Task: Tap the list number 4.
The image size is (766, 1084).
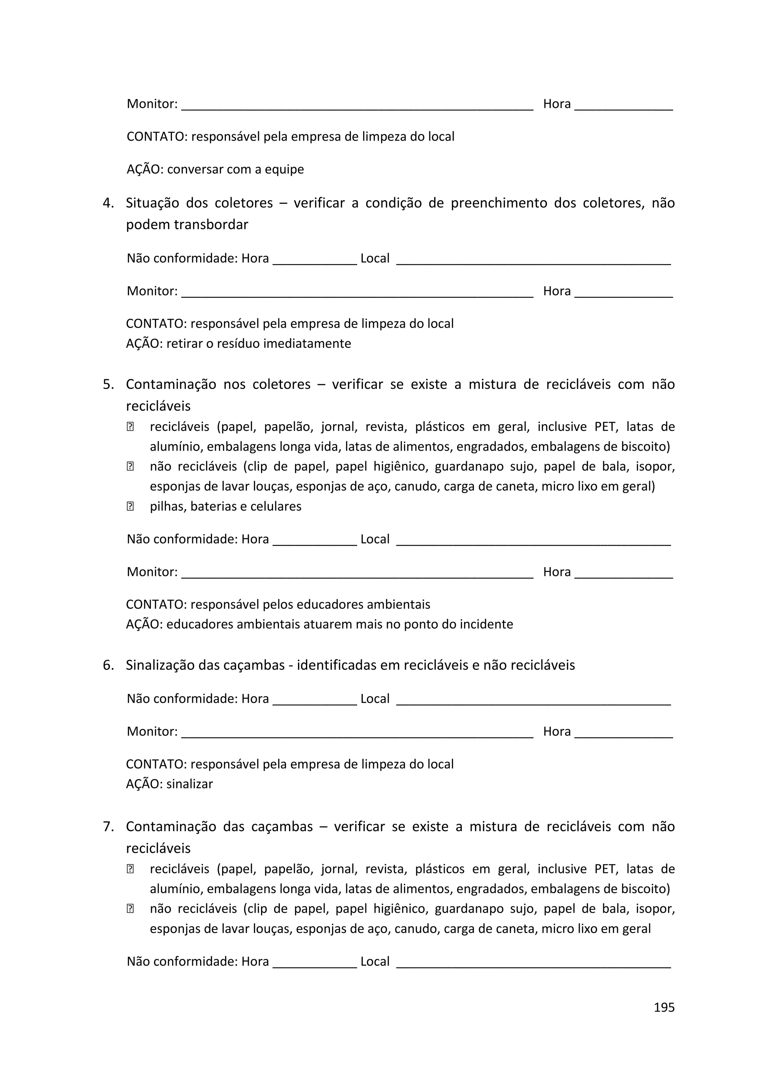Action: click(108, 203)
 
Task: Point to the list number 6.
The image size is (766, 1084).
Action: click(108, 665)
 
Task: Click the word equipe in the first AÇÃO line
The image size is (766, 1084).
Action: click(284, 169)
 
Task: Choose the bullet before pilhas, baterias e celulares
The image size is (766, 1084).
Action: click(130, 506)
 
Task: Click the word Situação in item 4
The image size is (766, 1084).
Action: click(153, 203)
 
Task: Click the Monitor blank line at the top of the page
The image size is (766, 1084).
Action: click(357, 108)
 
